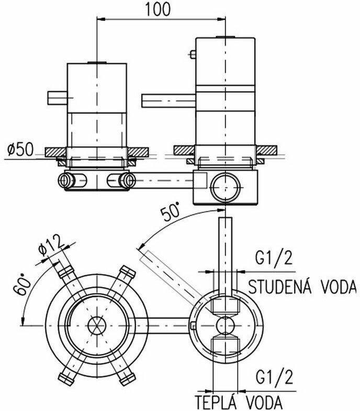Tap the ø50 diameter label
(x=21, y=150)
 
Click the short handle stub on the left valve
(x=58, y=97)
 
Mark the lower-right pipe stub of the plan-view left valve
(x=126, y=378)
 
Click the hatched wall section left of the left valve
(x=54, y=152)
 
